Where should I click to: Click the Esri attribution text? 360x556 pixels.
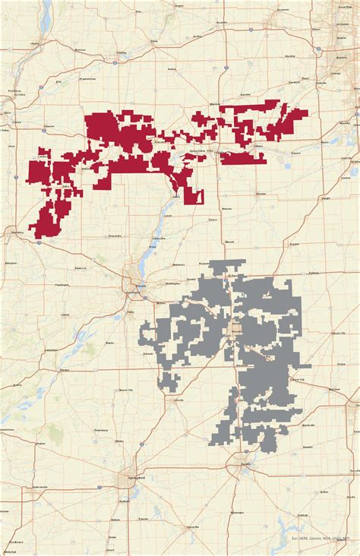(319, 538)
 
